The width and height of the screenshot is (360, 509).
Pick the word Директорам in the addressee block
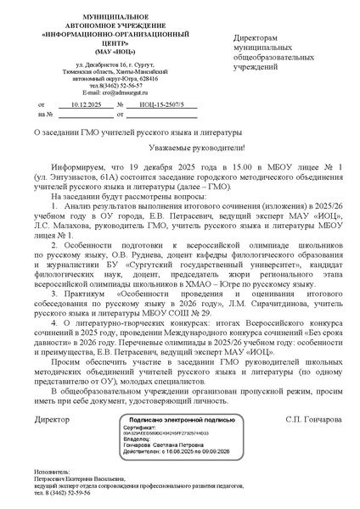pyautogui.click(x=255, y=39)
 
